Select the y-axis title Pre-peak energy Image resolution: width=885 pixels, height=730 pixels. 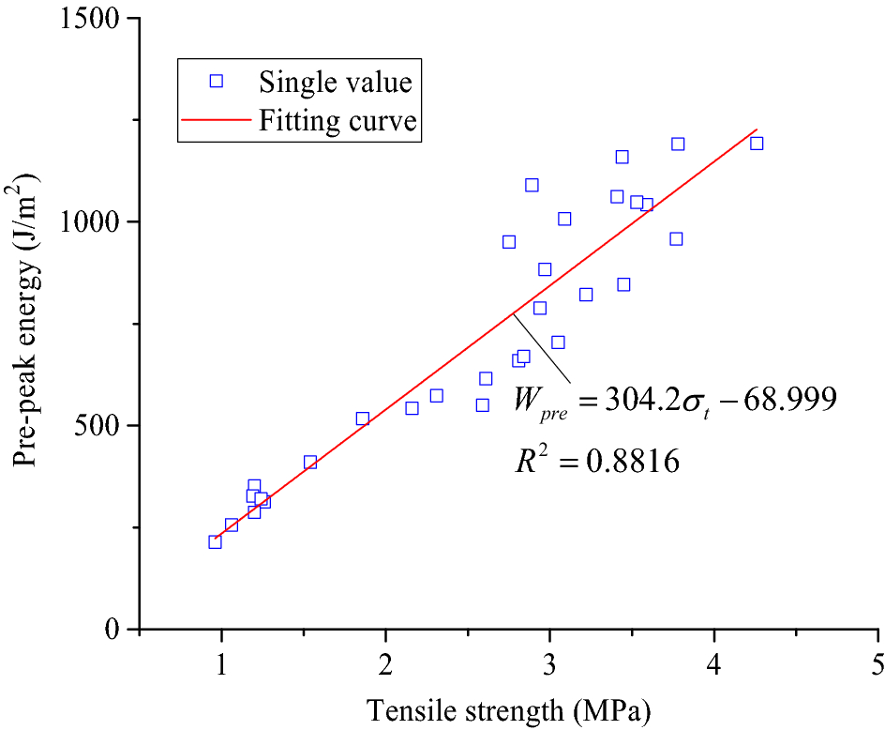point(25,319)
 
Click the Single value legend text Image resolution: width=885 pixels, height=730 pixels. point(336,82)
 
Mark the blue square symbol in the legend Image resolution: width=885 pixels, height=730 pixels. point(217,81)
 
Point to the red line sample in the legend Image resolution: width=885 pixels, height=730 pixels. point(217,121)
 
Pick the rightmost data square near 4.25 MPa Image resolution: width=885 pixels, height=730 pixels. point(757,144)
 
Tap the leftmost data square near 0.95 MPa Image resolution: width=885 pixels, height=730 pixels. point(215,541)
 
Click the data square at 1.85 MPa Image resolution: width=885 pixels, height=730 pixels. point(362,418)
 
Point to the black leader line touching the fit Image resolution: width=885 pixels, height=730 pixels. point(542,348)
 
